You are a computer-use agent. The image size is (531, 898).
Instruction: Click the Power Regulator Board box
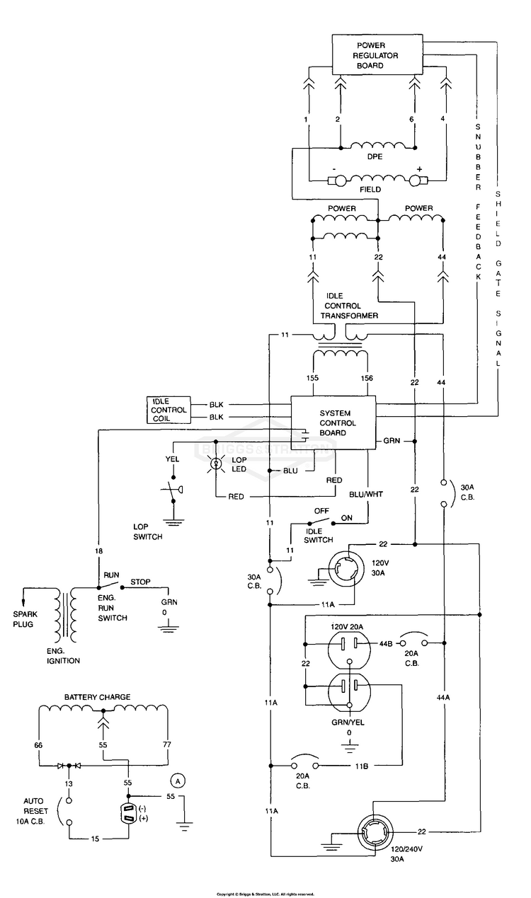pos(377,54)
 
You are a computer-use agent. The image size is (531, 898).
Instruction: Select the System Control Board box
pos(333,422)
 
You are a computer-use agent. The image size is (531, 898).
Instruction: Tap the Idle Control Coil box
pos(169,410)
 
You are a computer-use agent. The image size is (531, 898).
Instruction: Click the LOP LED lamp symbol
pos(217,464)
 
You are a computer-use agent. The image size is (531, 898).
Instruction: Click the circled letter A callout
pos(178,781)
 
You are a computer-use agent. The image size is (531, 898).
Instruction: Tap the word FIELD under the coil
pos(370,189)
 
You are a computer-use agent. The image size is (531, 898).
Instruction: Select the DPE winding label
pos(375,156)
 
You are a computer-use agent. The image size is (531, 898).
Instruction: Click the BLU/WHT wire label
pos(366,495)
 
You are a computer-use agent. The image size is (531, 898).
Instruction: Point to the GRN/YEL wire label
pos(348,723)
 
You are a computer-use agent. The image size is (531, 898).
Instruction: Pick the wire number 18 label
pos(98,551)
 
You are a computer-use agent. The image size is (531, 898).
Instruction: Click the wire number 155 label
pos(312,378)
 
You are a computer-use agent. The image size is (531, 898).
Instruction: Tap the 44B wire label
pos(386,644)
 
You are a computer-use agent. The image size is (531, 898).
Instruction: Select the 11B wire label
pos(361,766)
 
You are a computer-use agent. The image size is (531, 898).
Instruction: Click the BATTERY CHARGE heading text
pos(98,697)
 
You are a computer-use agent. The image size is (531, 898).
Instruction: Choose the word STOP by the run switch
pos(140,582)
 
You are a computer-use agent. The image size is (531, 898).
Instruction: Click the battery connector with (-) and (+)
pos(129,813)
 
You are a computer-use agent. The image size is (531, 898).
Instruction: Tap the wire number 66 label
pos(38,745)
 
